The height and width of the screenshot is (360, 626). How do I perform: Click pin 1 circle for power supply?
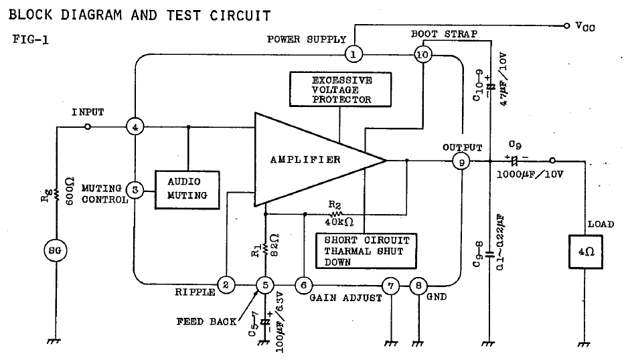354,53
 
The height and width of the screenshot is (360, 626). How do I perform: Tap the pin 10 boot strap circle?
422,54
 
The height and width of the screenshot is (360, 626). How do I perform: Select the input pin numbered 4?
135,126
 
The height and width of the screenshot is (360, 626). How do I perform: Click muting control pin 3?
135,190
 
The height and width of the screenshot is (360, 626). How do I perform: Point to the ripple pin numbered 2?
226,286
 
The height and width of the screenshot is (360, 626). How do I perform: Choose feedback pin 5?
266,286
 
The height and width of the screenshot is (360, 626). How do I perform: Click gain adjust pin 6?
304,286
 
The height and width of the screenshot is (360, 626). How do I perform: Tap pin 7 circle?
390,286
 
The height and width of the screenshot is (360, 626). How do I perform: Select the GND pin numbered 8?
418,286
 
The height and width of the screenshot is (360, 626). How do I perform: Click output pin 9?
461,161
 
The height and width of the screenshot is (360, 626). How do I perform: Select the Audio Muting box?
188,189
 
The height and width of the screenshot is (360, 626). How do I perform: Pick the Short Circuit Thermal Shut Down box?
365,251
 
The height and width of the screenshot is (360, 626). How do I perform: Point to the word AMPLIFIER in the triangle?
305,159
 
